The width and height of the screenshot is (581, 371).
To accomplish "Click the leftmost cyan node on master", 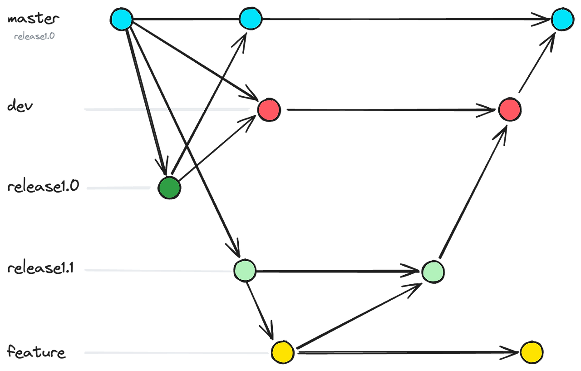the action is (121, 20).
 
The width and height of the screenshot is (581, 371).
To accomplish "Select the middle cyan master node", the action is (251, 19).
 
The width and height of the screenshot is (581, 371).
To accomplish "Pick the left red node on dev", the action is (269, 109).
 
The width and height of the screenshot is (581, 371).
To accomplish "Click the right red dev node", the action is (510, 109).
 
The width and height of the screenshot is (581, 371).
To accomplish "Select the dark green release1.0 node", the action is (169, 188).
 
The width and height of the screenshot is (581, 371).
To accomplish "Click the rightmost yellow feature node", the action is (532, 352).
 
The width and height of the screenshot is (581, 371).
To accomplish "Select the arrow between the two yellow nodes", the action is (409, 351).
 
